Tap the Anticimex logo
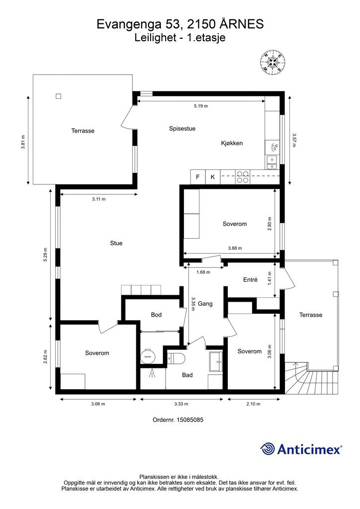click(x=301, y=449)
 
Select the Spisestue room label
click(x=182, y=129)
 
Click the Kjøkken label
click(x=232, y=143)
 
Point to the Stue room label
click(x=116, y=243)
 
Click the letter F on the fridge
click(x=198, y=177)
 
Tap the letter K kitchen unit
click(x=213, y=177)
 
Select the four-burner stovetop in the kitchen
click(x=242, y=177)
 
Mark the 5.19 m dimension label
click(x=200, y=106)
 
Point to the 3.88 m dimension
click(x=235, y=249)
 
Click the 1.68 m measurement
click(x=203, y=272)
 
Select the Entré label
click(x=250, y=280)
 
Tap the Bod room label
click(x=156, y=315)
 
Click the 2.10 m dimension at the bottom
click(x=253, y=404)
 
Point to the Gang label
click(x=205, y=304)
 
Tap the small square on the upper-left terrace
click(x=59, y=96)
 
